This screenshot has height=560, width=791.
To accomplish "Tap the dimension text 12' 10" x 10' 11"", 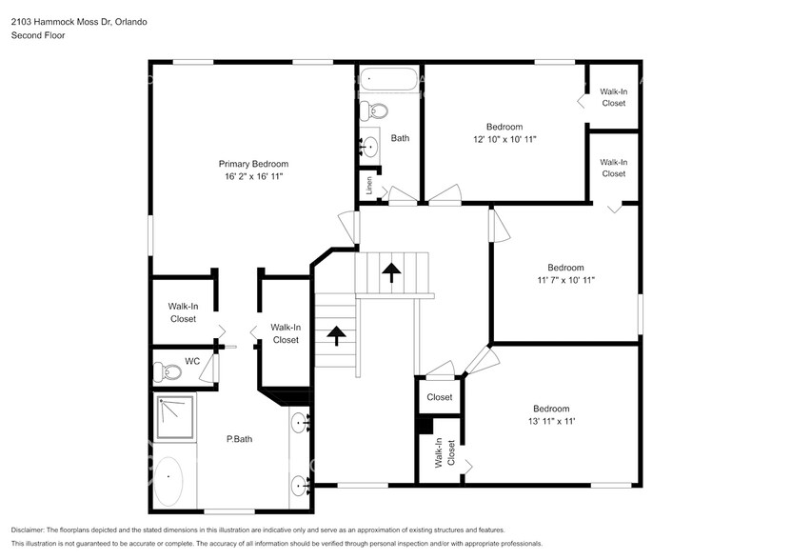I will [x=504, y=139].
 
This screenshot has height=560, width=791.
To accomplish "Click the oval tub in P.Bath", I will [x=170, y=481].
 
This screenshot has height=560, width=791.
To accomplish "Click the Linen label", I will [x=369, y=184].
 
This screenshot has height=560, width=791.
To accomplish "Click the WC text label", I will [x=192, y=362].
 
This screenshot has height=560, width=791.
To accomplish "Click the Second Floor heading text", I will [x=34, y=35].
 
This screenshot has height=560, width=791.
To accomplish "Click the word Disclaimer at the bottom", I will [x=32, y=530].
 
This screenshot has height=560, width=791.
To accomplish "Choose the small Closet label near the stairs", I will [x=439, y=397].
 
